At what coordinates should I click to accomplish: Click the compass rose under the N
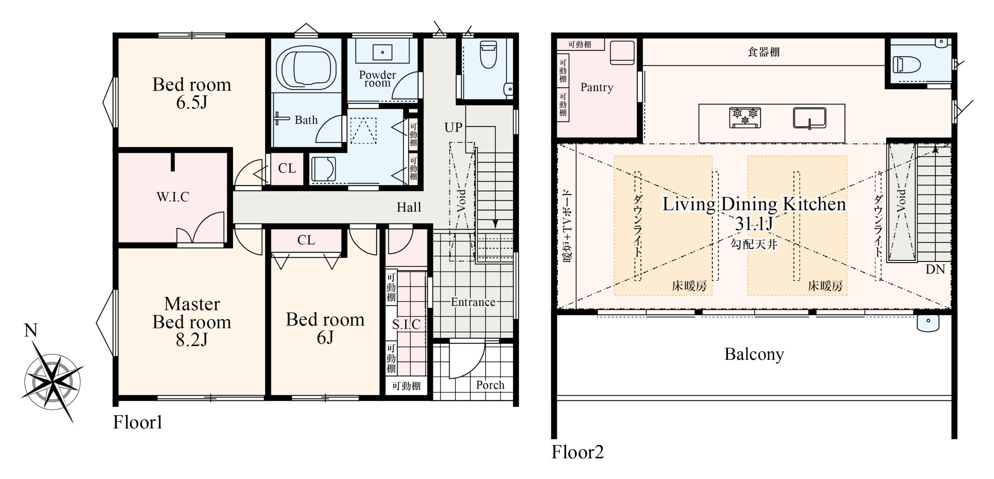[x=53, y=381]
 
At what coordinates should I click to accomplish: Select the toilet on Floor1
[x=488, y=54]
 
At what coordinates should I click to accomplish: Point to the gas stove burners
[x=745, y=118]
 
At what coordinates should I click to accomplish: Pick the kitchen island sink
[x=810, y=118]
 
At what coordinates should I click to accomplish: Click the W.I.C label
[x=173, y=197]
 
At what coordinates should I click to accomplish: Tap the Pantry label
[x=597, y=87]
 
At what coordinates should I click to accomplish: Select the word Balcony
[x=754, y=354]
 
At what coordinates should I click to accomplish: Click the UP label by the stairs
[x=453, y=127]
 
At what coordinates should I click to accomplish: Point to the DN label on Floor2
[x=935, y=269]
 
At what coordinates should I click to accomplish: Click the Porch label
[x=490, y=385]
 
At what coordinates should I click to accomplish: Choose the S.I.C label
[x=406, y=324]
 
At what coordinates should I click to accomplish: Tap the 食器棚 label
[x=763, y=52]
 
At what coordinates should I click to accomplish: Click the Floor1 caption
[x=137, y=422]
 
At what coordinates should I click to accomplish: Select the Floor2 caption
[x=577, y=452]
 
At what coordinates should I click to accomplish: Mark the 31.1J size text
[x=754, y=223]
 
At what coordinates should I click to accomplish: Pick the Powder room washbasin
[x=382, y=52]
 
